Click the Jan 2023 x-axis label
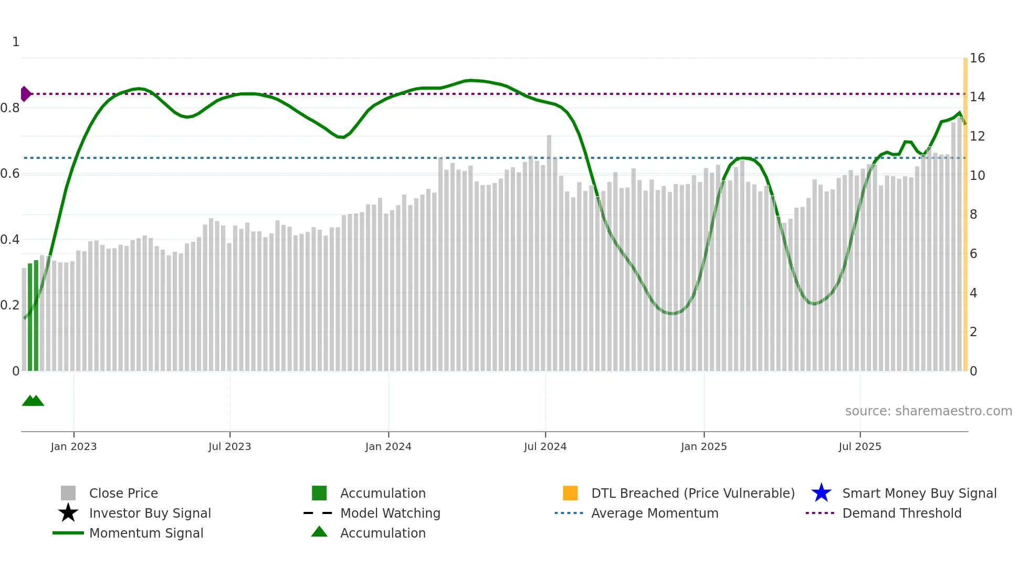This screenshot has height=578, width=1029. pos(73,446)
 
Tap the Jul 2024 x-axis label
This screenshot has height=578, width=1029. pos(545,446)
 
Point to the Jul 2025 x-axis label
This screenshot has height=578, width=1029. pos(859,446)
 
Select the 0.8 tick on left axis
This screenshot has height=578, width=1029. pos(10,108)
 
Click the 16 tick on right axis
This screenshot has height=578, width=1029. pos(977,58)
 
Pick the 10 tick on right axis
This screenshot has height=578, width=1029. pos(977,176)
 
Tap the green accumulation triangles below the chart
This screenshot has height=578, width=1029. pos(33,401)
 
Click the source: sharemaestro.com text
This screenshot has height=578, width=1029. pos(928,411)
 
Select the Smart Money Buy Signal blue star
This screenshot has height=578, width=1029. pos(821,493)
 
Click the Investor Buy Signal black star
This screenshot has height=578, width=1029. pos(68,513)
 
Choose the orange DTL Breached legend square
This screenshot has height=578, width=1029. pos(570,493)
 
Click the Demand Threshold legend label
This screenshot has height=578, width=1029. pos(901,513)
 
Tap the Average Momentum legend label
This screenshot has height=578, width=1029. pos(654,513)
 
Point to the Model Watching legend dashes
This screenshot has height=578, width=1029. pos(318,513)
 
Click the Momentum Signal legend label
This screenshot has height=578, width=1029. pos(146,533)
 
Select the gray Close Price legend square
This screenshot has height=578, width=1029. pos(68,493)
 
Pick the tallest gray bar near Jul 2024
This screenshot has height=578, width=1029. pos(549,252)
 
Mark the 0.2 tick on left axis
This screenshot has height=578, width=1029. pos(10,305)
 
